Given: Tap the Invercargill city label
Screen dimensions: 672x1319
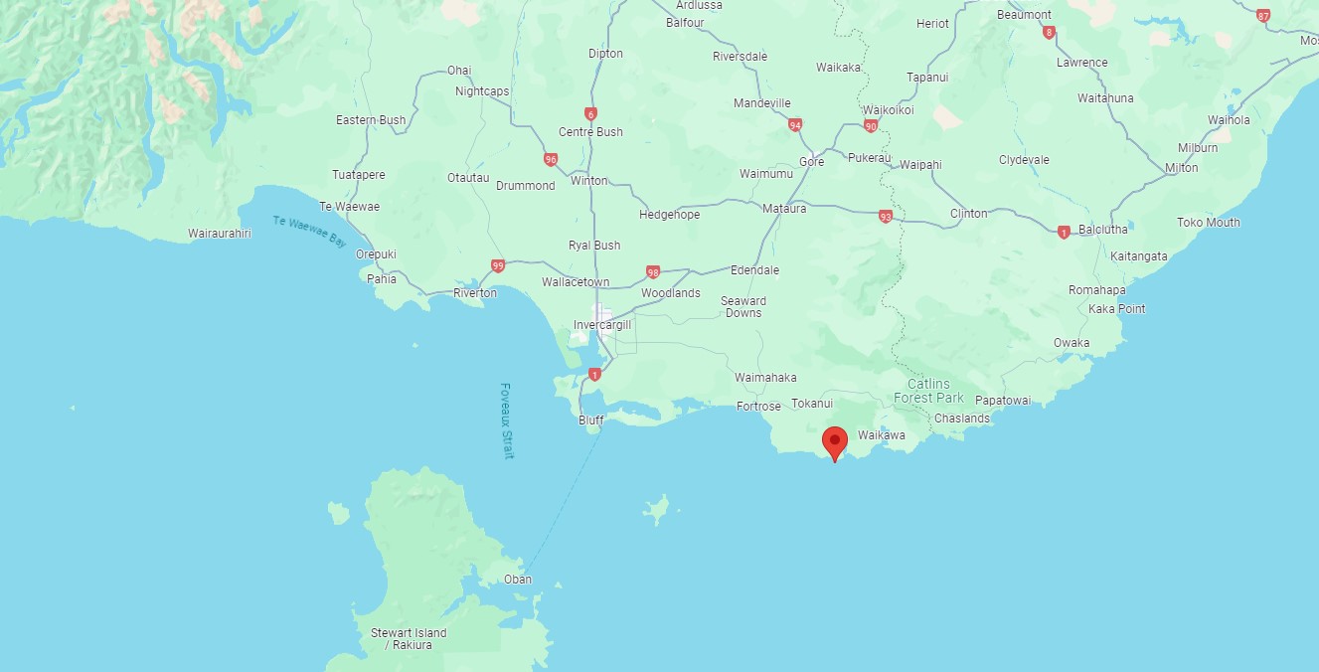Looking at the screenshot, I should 603,324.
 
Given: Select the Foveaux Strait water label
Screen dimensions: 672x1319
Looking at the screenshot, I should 507,420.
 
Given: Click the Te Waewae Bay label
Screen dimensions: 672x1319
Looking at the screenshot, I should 310,232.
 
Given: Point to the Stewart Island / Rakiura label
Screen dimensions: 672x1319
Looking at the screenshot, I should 409,639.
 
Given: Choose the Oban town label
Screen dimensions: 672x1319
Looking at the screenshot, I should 517,579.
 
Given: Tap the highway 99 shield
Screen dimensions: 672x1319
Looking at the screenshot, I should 498,265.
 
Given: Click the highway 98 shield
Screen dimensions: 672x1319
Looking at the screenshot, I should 653,271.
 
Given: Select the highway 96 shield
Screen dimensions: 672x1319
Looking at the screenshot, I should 551,158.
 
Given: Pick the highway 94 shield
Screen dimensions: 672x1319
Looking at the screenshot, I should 794,125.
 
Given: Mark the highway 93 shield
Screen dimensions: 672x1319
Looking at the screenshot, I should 885,216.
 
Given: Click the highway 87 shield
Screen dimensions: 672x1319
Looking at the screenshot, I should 1263,15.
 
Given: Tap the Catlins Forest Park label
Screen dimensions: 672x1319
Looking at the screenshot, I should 928,391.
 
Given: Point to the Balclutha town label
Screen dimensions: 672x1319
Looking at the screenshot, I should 1102,230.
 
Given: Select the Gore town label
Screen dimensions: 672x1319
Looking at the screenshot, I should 811,162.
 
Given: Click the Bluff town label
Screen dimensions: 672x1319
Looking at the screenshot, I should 591,420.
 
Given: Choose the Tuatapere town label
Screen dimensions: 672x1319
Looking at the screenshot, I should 358,175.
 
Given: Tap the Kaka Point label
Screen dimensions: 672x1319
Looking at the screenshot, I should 1116,309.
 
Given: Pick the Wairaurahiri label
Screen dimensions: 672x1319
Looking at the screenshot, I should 220,234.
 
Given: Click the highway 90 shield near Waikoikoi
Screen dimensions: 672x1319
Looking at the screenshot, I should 871,126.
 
